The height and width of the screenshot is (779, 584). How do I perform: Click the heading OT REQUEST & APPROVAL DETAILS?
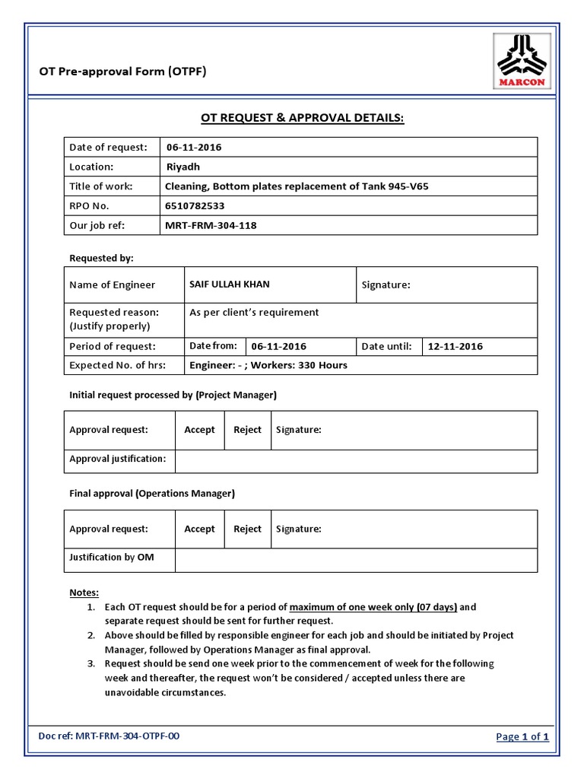tap(303, 118)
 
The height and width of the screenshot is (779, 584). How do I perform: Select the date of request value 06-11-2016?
tap(194, 148)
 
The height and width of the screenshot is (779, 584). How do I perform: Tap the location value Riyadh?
tap(183, 167)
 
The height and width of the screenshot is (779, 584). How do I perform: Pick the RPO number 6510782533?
tap(195, 206)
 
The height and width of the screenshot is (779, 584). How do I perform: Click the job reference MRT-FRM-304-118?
tap(211, 226)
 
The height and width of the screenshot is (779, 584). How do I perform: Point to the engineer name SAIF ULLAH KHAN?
tap(230, 285)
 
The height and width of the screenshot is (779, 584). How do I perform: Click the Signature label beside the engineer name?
tap(386, 285)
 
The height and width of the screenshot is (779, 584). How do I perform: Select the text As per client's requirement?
tap(254, 313)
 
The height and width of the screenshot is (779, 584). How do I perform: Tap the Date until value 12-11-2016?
tap(455, 347)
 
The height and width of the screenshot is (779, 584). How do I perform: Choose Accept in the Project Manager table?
tap(199, 431)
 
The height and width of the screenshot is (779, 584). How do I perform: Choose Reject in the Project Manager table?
tap(247, 431)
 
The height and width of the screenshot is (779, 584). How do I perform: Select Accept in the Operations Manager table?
tap(199, 529)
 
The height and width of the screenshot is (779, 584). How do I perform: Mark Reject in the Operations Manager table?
tap(247, 529)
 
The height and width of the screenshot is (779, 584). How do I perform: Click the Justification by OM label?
tap(112, 558)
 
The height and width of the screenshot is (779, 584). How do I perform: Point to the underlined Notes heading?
tap(84, 593)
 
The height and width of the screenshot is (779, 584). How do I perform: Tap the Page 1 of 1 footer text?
tap(522, 736)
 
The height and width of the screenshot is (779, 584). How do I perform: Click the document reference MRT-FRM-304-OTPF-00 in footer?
tap(128, 736)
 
